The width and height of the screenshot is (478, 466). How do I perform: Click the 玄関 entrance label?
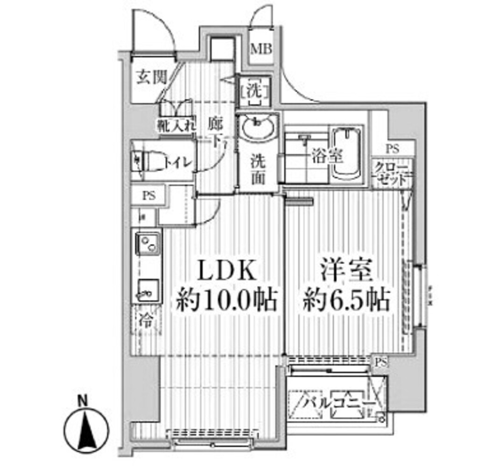tap(151, 77)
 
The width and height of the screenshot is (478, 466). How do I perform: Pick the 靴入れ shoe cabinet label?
tap(175, 125)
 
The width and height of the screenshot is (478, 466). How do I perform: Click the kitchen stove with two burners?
tap(147, 243)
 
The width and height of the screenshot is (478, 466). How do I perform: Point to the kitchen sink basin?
tap(147, 289)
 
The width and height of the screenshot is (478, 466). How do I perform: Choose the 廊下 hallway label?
tap(215, 131)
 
